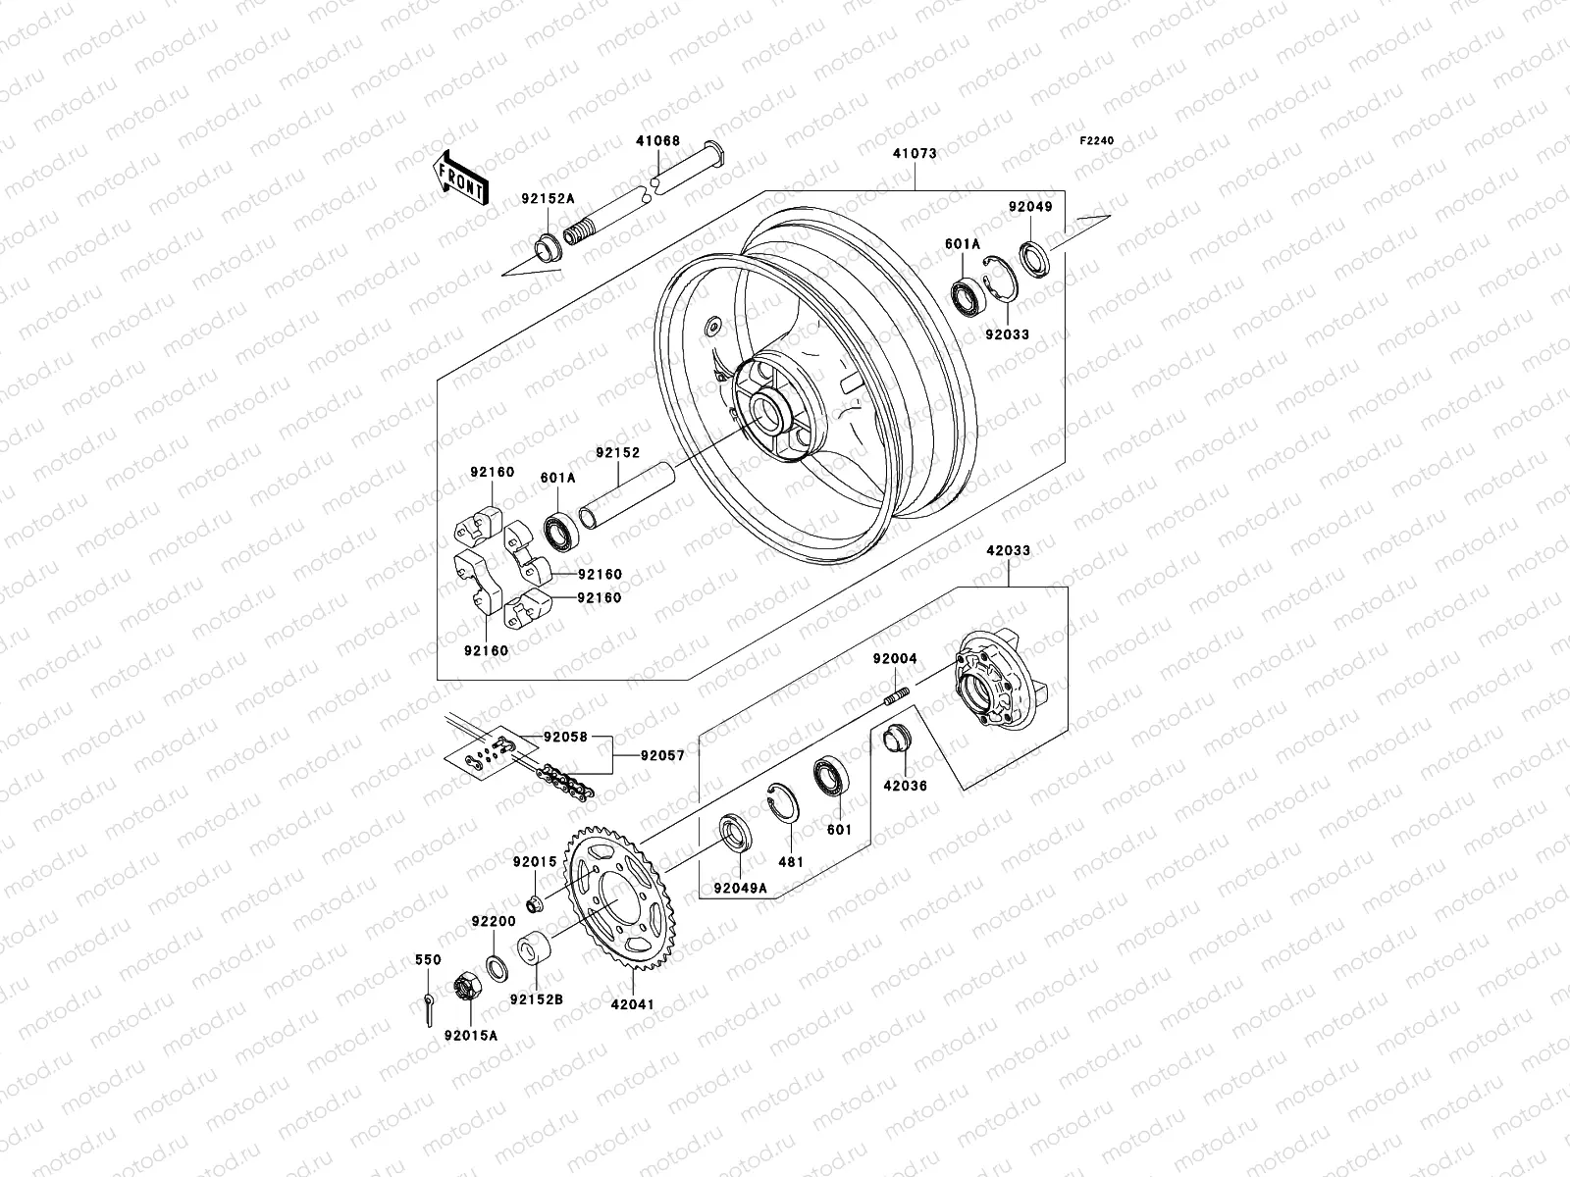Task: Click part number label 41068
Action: pos(656,141)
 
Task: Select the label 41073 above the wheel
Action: pos(914,154)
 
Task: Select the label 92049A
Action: pos(740,889)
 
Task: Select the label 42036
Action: pos(904,786)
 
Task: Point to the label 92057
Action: pos(662,756)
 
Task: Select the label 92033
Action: pos(1007,334)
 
